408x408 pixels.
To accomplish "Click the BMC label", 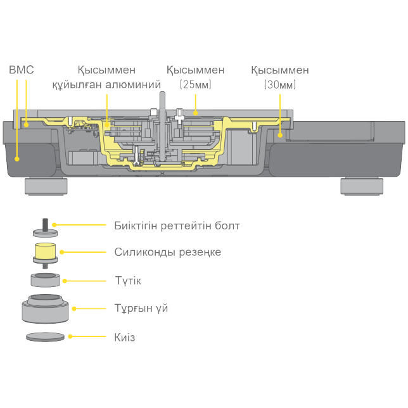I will coord(21,70).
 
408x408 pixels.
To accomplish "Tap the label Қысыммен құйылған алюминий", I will coord(106,77).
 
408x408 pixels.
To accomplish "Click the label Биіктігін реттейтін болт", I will coord(177,226).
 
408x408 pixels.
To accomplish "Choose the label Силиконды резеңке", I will coord(168,252).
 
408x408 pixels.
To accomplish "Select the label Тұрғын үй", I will coord(141,309).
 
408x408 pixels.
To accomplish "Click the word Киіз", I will coord(125,338).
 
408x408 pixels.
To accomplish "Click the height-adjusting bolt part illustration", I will coord(46,227).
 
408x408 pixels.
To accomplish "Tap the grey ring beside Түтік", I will coord(46,279).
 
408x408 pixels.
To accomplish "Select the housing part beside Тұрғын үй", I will coord(46,308).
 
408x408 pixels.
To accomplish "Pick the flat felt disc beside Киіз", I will coord(46,337).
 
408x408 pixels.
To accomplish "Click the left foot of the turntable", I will coord(46,186).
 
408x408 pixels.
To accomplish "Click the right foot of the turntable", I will coord(362,186).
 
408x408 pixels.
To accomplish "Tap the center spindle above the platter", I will coord(161,101).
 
